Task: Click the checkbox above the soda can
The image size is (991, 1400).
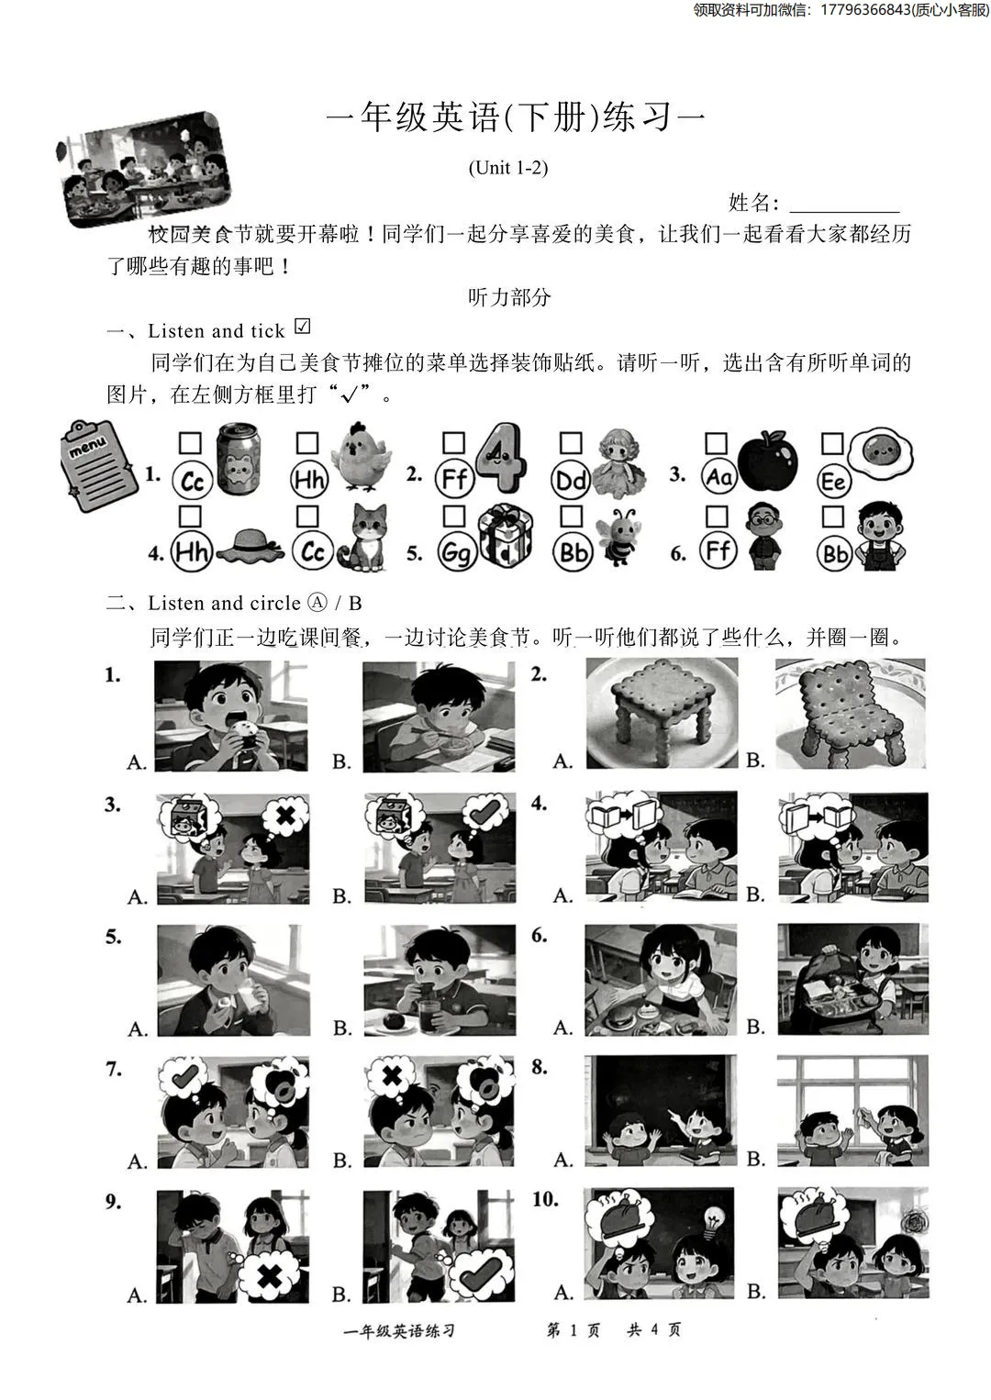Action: [190, 444]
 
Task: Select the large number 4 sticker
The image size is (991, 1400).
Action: [502, 457]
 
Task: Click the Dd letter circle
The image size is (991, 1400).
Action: [571, 481]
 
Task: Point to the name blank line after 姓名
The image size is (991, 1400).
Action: [844, 204]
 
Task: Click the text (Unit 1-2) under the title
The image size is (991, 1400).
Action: [507, 167]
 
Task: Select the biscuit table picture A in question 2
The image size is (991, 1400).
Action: [662, 714]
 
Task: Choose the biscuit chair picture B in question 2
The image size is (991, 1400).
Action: [851, 714]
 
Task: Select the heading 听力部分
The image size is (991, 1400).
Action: [509, 297]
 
